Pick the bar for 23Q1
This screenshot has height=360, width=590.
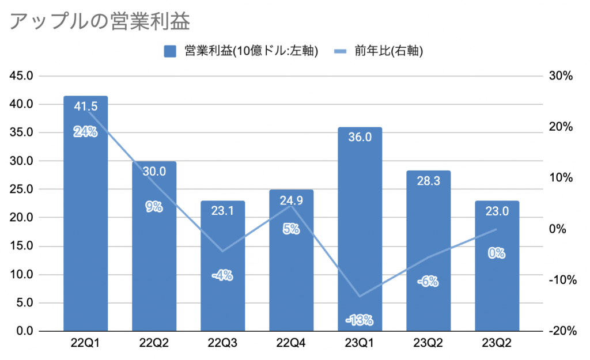point(360,230)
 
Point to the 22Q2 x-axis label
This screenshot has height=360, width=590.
point(154,344)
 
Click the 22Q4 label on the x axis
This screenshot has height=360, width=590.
point(291,344)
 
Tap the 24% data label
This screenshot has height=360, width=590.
point(85,132)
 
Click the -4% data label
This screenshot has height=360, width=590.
point(222,275)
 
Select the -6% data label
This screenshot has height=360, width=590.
point(428,282)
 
